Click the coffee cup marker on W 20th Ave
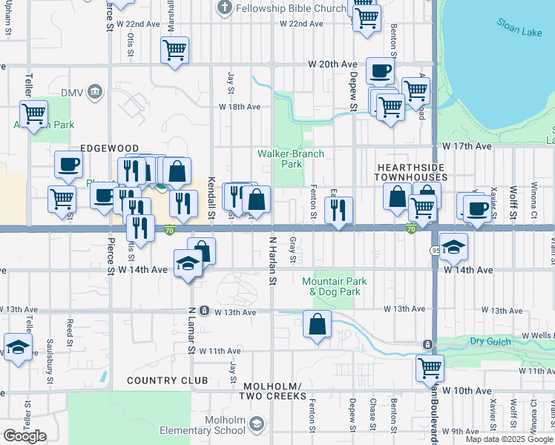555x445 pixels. point(380,71)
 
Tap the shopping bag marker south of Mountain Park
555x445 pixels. point(317,325)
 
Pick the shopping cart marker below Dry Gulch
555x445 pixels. point(430,367)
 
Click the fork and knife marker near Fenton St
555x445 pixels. point(338,211)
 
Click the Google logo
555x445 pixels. point(24,435)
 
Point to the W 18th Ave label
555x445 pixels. point(239,107)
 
